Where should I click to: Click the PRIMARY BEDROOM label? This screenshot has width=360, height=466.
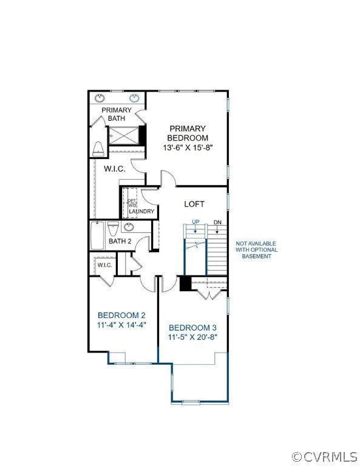pos(188,133)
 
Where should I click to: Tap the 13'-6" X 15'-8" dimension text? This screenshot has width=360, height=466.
pos(188,147)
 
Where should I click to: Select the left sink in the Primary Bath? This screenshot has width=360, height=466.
pos(100,98)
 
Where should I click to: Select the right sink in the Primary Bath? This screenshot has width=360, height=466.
pos(135,98)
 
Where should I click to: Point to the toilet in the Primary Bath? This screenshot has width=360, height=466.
pos(99,149)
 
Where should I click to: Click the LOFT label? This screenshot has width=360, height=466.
pos(194,204)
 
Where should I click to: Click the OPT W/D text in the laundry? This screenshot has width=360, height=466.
pos(131,203)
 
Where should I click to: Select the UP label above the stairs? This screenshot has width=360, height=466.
pos(195,222)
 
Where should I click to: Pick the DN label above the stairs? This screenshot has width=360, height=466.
pos(217,222)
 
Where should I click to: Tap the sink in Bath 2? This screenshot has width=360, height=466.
pos(129,228)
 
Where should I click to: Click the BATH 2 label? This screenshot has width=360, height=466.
pos(120,241)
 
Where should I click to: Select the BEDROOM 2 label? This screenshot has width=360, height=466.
pos(121,315)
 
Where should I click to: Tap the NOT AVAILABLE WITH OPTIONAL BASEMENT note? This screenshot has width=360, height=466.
pos(257,250)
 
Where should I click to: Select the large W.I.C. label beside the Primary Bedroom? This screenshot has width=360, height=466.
pos(114,169)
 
